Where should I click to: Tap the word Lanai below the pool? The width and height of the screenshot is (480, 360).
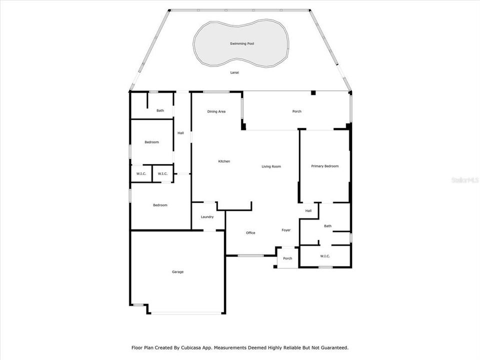point(234,72)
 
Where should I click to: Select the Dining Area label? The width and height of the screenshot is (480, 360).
point(216,111)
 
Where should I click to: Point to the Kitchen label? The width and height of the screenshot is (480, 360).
point(224,161)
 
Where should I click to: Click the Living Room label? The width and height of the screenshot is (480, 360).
point(271,166)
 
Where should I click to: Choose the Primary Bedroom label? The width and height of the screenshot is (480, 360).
point(325,166)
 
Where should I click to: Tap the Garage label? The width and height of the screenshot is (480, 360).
point(178,272)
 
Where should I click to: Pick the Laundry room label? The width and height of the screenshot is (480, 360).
point(207,217)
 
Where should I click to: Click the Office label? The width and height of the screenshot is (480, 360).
point(250,233)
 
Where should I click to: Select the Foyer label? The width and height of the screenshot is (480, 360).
point(286,230)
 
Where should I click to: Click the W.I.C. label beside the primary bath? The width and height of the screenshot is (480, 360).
point(325,256)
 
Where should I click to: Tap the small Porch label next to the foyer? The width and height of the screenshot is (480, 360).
point(287,258)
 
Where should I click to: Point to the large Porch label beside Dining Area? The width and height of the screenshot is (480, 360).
point(297,111)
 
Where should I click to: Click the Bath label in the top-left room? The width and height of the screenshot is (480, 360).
point(160,110)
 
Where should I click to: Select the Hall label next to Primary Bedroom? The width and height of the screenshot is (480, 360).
point(308,211)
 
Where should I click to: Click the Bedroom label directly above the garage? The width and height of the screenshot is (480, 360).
point(160,205)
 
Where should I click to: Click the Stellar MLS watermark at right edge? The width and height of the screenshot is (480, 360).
point(464,178)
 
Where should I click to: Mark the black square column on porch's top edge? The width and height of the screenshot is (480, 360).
point(313,92)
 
